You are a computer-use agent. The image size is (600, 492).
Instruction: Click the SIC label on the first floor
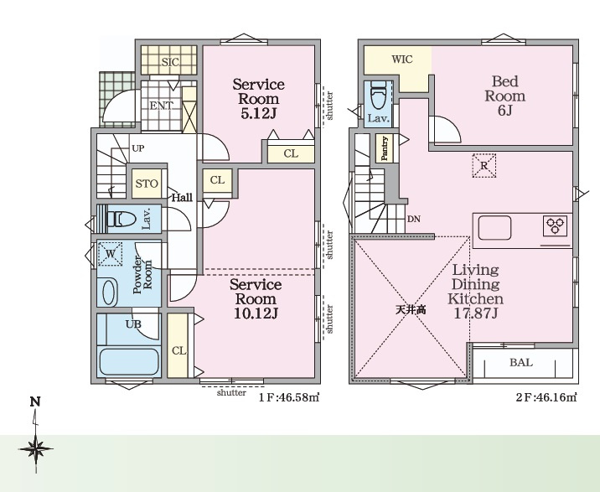[x=170, y=62]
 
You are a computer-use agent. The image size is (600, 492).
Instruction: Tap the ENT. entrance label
[x=161, y=106]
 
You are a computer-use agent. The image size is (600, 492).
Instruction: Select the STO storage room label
[x=147, y=184]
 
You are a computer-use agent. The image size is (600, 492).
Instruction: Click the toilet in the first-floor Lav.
[x=122, y=220]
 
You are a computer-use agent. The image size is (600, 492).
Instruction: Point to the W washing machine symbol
[x=111, y=253]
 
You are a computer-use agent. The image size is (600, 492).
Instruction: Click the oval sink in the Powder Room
[x=109, y=293]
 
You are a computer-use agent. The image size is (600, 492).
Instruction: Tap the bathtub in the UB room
[x=129, y=362]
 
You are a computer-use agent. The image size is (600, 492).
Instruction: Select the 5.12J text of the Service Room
[x=258, y=114]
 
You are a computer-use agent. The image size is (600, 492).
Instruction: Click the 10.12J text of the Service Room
[x=256, y=313]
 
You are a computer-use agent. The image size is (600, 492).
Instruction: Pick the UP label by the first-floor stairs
[x=137, y=148]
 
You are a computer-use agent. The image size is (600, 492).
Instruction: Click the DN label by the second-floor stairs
[x=414, y=219]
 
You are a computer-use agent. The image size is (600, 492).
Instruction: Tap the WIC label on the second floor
[x=402, y=60]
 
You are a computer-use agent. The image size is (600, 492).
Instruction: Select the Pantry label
[x=385, y=148]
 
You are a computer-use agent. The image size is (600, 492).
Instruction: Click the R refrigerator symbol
[x=484, y=166]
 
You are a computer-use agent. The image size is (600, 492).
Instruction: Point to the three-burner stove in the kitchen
[x=555, y=225]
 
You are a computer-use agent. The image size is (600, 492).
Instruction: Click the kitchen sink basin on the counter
[x=494, y=228]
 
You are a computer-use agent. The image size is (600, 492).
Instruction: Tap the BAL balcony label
[x=521, y=362]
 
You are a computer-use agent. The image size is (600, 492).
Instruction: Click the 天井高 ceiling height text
[x=411, y=310]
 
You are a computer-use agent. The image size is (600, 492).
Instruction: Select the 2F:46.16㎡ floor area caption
[x=546, y=397]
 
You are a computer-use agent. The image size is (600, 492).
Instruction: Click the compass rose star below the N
[x=35, y=448]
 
